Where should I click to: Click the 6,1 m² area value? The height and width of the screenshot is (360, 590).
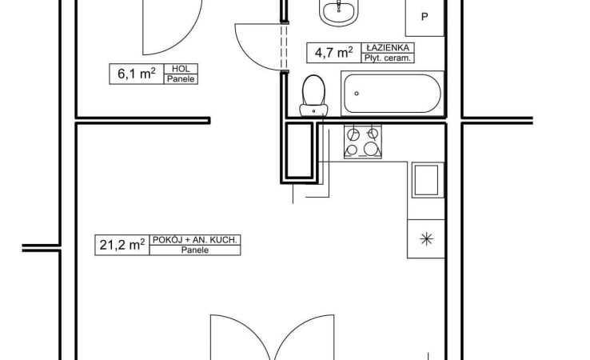137,74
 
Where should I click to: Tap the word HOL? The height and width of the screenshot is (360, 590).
181,69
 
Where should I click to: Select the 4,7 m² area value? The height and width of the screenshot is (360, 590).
333,52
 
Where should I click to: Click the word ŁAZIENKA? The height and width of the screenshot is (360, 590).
388,47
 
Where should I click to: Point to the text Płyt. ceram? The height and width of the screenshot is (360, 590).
388,58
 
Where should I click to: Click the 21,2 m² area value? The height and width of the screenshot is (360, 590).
122,244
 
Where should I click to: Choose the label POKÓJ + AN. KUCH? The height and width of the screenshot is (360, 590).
194,239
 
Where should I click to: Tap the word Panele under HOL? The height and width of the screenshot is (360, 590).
181,78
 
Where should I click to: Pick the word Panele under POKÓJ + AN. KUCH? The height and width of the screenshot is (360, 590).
195,250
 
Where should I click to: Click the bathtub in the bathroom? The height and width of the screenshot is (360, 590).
393,94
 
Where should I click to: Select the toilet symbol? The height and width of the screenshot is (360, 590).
313,96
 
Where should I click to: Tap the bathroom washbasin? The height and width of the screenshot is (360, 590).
339,11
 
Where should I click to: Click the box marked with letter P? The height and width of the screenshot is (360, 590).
425,18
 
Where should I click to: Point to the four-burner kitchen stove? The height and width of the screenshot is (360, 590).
363,142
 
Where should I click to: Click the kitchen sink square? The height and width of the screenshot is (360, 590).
426,180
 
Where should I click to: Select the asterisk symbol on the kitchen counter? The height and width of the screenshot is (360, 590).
426,238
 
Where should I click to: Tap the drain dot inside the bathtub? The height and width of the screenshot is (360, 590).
357,94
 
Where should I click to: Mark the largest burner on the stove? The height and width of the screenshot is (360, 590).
371,149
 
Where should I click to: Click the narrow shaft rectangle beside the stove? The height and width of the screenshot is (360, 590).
299,150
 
